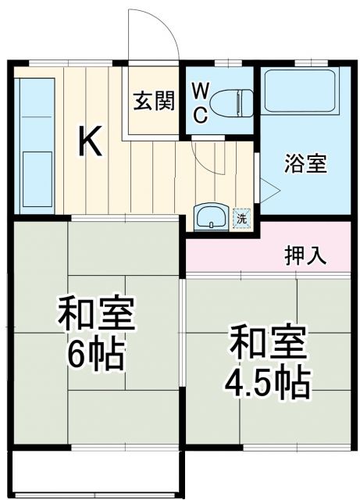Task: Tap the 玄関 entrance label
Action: coord(153,102)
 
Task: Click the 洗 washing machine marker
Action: coord(242,218)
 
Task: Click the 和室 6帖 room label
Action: coord(97,334)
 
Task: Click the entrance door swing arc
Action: coord(164,31)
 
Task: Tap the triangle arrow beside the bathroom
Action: coord(269,188)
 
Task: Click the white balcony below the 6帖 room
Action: coord(98,473)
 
